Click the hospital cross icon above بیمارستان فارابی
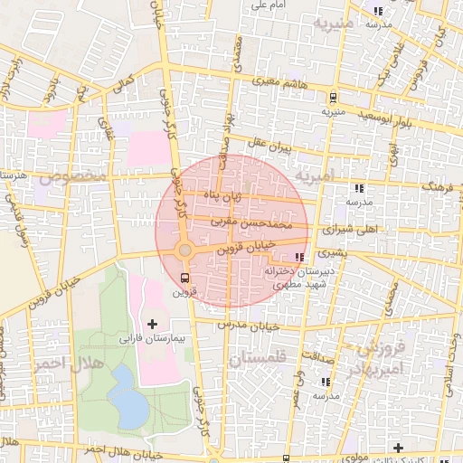(151, 323)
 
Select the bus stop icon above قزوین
(185, 278)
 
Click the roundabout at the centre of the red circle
(184, 250)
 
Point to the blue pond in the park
(129, 406)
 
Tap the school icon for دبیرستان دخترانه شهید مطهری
(299, 258)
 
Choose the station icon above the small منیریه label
(333, 97)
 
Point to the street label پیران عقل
(269, 144)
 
